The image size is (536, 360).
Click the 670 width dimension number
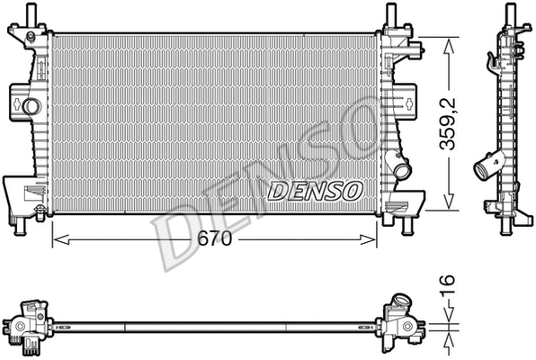point(214,239)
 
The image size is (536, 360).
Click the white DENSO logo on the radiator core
point(315,190)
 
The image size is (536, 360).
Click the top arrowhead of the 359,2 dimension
point(447,41)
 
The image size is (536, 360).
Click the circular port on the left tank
point(32,107)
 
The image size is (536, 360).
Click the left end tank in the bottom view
point(31,326)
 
